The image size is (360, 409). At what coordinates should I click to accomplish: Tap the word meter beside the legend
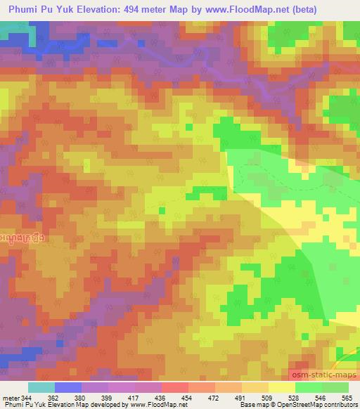11,397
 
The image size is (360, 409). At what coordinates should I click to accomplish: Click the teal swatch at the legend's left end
41,387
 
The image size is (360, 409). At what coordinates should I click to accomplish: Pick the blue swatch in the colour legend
68,387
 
